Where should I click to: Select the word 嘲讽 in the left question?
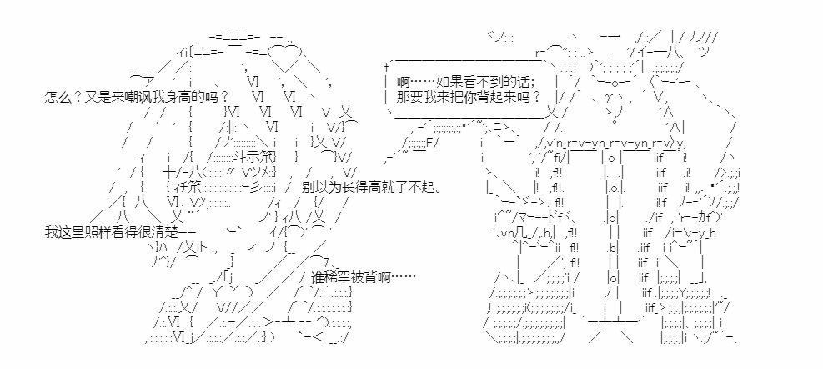click(132, 97)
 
